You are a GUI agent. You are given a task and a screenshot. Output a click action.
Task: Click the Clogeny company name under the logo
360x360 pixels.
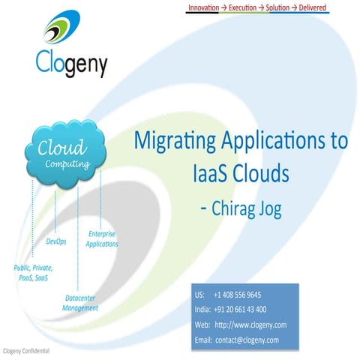click(71, 64)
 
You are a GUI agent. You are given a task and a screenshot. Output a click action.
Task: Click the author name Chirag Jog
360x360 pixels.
click(246, 208)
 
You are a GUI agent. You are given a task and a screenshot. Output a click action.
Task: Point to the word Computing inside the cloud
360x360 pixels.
click(67, 163)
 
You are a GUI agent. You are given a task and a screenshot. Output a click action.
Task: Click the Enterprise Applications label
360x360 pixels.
click(101, 239)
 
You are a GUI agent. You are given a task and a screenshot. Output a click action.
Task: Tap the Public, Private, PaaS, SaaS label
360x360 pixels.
click(33, 272)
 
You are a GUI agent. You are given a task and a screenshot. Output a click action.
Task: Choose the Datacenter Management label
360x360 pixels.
click(79, 303)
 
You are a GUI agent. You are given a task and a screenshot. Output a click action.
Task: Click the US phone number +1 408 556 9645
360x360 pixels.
click(237, 295)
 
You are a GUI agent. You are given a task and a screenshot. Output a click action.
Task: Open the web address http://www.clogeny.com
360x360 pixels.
click(250, 325)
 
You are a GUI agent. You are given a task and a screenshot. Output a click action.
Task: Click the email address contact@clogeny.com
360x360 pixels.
click(247, 340)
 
